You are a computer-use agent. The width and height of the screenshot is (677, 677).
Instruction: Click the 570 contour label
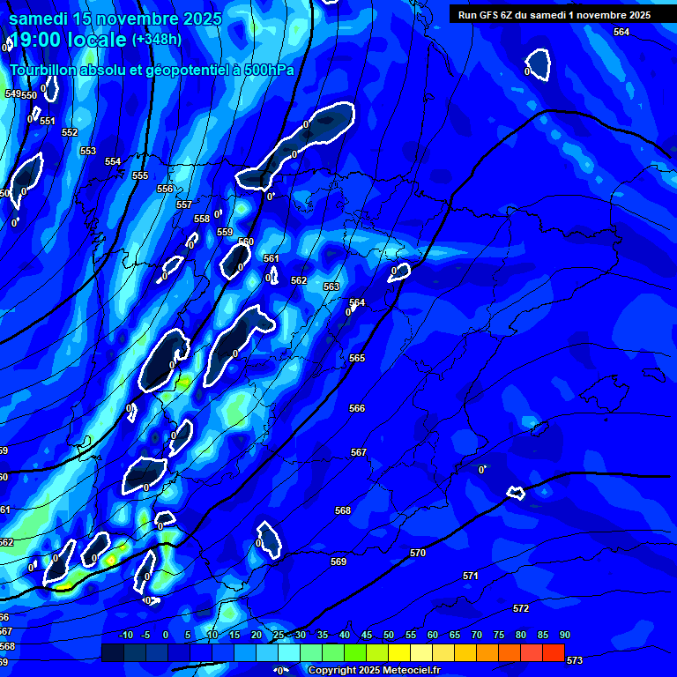[x=418, y=553]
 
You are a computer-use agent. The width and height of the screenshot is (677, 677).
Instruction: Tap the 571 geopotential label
[x=471, y=576]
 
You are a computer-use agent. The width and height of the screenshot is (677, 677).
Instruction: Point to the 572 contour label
[x=521, y=608]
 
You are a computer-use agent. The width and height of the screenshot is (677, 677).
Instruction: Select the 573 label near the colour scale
[x=575, y=660]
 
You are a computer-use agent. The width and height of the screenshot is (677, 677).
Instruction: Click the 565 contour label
[x=357, y=358]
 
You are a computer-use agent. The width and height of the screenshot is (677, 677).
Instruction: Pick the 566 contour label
[x=357, y=408]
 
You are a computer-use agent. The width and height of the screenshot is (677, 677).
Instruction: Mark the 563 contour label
[x=331, y=286]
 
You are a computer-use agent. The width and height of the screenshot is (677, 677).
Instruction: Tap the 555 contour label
[x=140, y=175]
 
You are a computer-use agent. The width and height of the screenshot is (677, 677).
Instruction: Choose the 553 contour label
[x=88, y=151]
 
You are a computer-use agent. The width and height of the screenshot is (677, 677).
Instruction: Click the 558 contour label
[x=202, y=219]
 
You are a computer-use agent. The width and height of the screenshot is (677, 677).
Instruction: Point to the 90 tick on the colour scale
[x=564, y=635]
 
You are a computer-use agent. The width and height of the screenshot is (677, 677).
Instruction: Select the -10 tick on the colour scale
[x=125, y=635]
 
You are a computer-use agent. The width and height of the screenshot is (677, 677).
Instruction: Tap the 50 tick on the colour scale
[x=389, y=635]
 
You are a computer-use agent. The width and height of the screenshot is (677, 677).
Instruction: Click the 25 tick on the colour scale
[x=279, y=635]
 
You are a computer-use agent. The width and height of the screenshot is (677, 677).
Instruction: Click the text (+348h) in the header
[x=157, y=40]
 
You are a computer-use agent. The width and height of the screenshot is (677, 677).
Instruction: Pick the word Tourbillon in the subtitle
[x=43, y=70]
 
